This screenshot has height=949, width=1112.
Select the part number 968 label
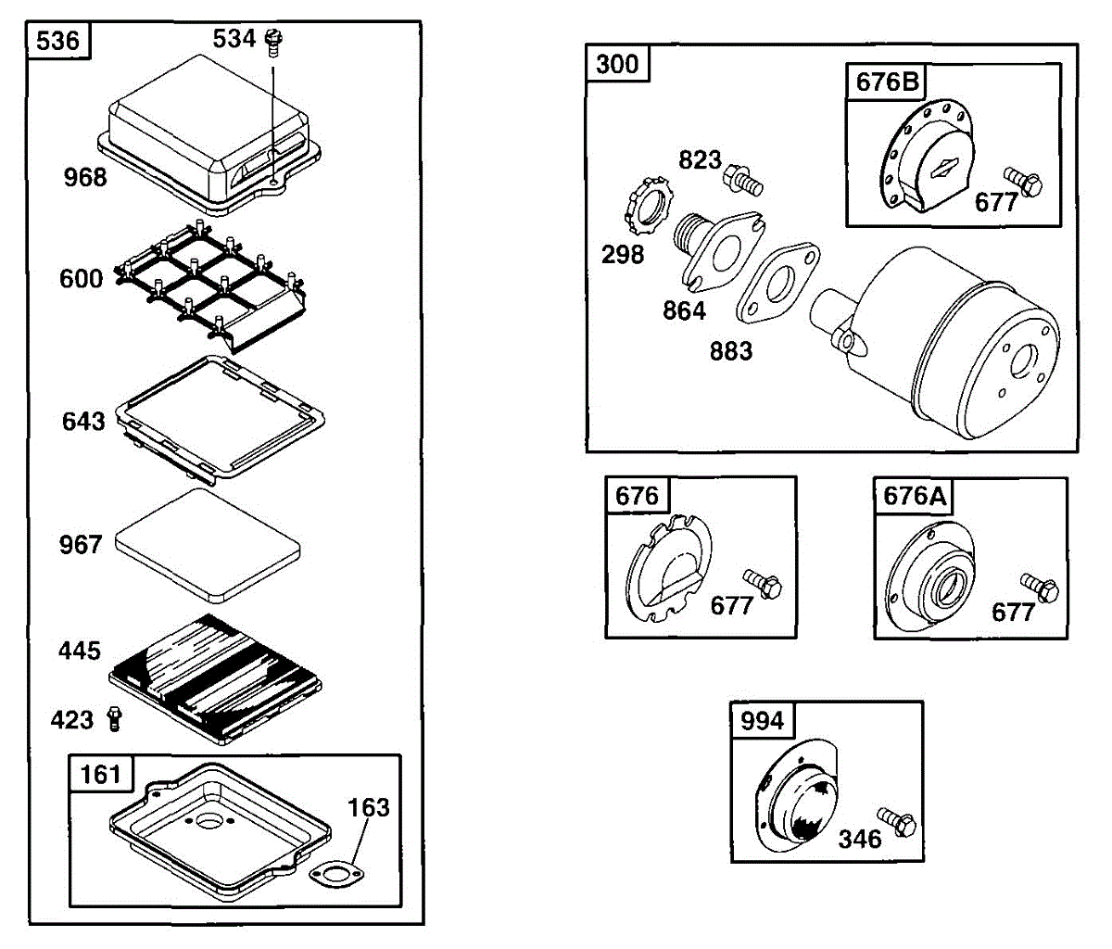tap(85, 177)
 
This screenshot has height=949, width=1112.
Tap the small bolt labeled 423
tap(115, 718)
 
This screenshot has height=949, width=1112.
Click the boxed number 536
tap(58, 42)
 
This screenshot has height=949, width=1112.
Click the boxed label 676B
tap(887, 82)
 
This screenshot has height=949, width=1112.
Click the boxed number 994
tap(762, 720)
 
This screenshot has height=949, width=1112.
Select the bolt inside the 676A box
tap(1041, 587)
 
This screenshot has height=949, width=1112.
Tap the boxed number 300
tap(617, 64)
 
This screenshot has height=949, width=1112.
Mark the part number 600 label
tap(82, 278)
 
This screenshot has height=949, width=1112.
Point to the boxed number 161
tap(101, 774)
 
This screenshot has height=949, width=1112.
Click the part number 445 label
tap(80, 651)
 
